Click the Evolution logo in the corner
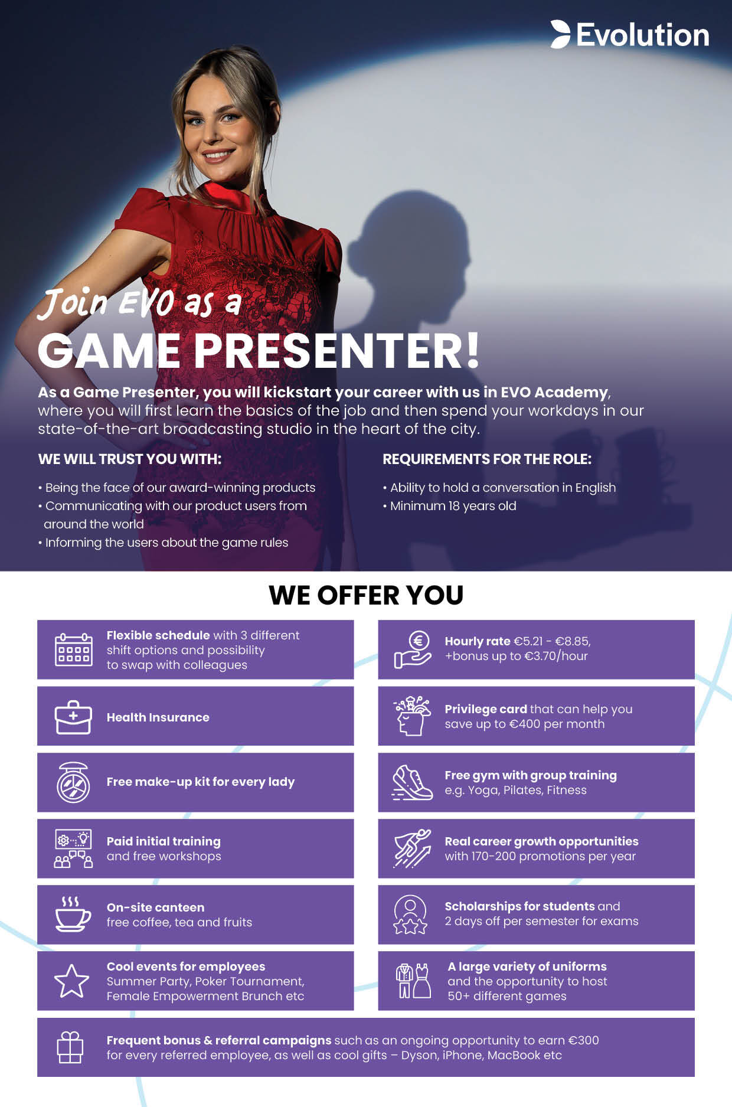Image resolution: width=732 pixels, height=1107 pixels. click(630, 34)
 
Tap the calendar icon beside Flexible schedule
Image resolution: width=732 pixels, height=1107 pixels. click(73, 649)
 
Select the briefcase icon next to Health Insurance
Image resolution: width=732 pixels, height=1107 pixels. click(73, 717)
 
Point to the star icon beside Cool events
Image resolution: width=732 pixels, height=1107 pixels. click(71, 981)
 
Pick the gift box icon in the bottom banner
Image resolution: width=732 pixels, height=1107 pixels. click(70, 1047)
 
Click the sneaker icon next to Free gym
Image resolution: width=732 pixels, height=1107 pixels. click(412, 783)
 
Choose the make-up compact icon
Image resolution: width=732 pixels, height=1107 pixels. click(73, 782)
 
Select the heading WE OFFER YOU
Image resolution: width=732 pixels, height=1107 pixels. click(366, 595)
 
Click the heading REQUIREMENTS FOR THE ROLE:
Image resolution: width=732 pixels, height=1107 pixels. click(487, 459)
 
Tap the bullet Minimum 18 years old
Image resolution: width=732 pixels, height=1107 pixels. click(450, 506)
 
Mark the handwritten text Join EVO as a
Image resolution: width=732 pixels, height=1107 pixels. click(139, 302)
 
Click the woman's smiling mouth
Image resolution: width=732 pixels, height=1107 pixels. click(218, 155)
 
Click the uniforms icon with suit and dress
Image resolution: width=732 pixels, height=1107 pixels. click(413, 981)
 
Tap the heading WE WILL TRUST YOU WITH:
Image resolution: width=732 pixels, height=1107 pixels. click(130, 459)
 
